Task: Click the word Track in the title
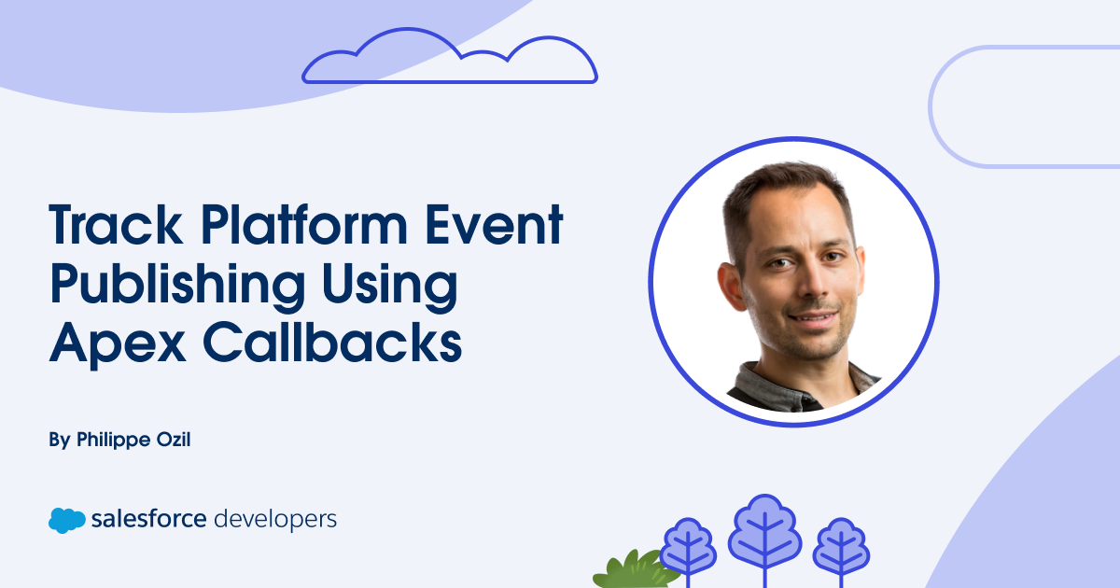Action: [116, 225]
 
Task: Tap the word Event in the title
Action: [495, 225]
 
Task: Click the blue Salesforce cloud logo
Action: [67, 521]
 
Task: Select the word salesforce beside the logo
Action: [149, 519]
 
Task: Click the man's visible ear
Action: [731, 286]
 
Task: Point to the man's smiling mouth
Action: [814, 317]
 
